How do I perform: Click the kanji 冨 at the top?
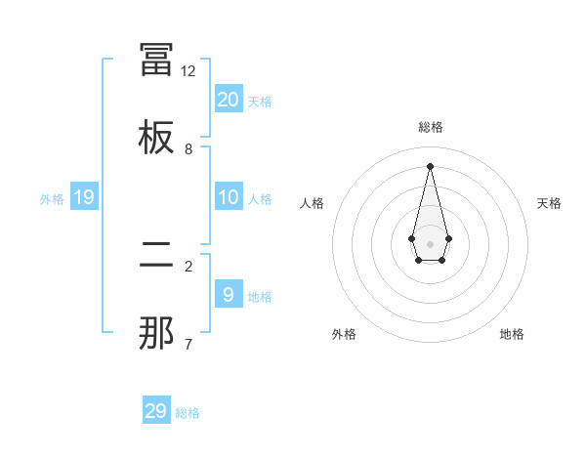tap(156, 60)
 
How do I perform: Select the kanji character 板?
tap(156, 137)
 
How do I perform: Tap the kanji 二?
tap(156, 256)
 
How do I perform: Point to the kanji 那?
tap(156, 334)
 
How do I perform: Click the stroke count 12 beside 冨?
tap(188, 71)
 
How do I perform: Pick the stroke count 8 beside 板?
tap(188, 149)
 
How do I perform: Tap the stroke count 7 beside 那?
tap(188, 344)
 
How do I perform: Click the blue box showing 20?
tap(229, 100)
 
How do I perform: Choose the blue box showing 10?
tap(229, 197)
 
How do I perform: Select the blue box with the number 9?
tap(229, 294)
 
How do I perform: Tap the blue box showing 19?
tap(84, 197)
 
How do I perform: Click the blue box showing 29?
tap(156, 411)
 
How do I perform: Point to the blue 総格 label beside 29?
tap(188, 413)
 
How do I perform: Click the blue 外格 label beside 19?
tap(52, 199)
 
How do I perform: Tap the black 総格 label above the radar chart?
tap(430, 127)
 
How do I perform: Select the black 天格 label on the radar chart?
tap(549, 203)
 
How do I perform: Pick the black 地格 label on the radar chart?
tap(512, 334)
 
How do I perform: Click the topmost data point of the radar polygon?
tap(430, 165)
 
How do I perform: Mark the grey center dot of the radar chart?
tap(430, 242)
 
